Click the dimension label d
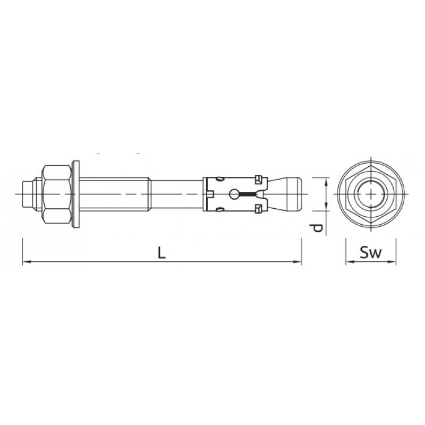click(x=317, y=227)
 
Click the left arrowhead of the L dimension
click(x=25, y=261)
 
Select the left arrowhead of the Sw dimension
click(x=348, y=261)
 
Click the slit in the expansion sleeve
click(x=249, y=193)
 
